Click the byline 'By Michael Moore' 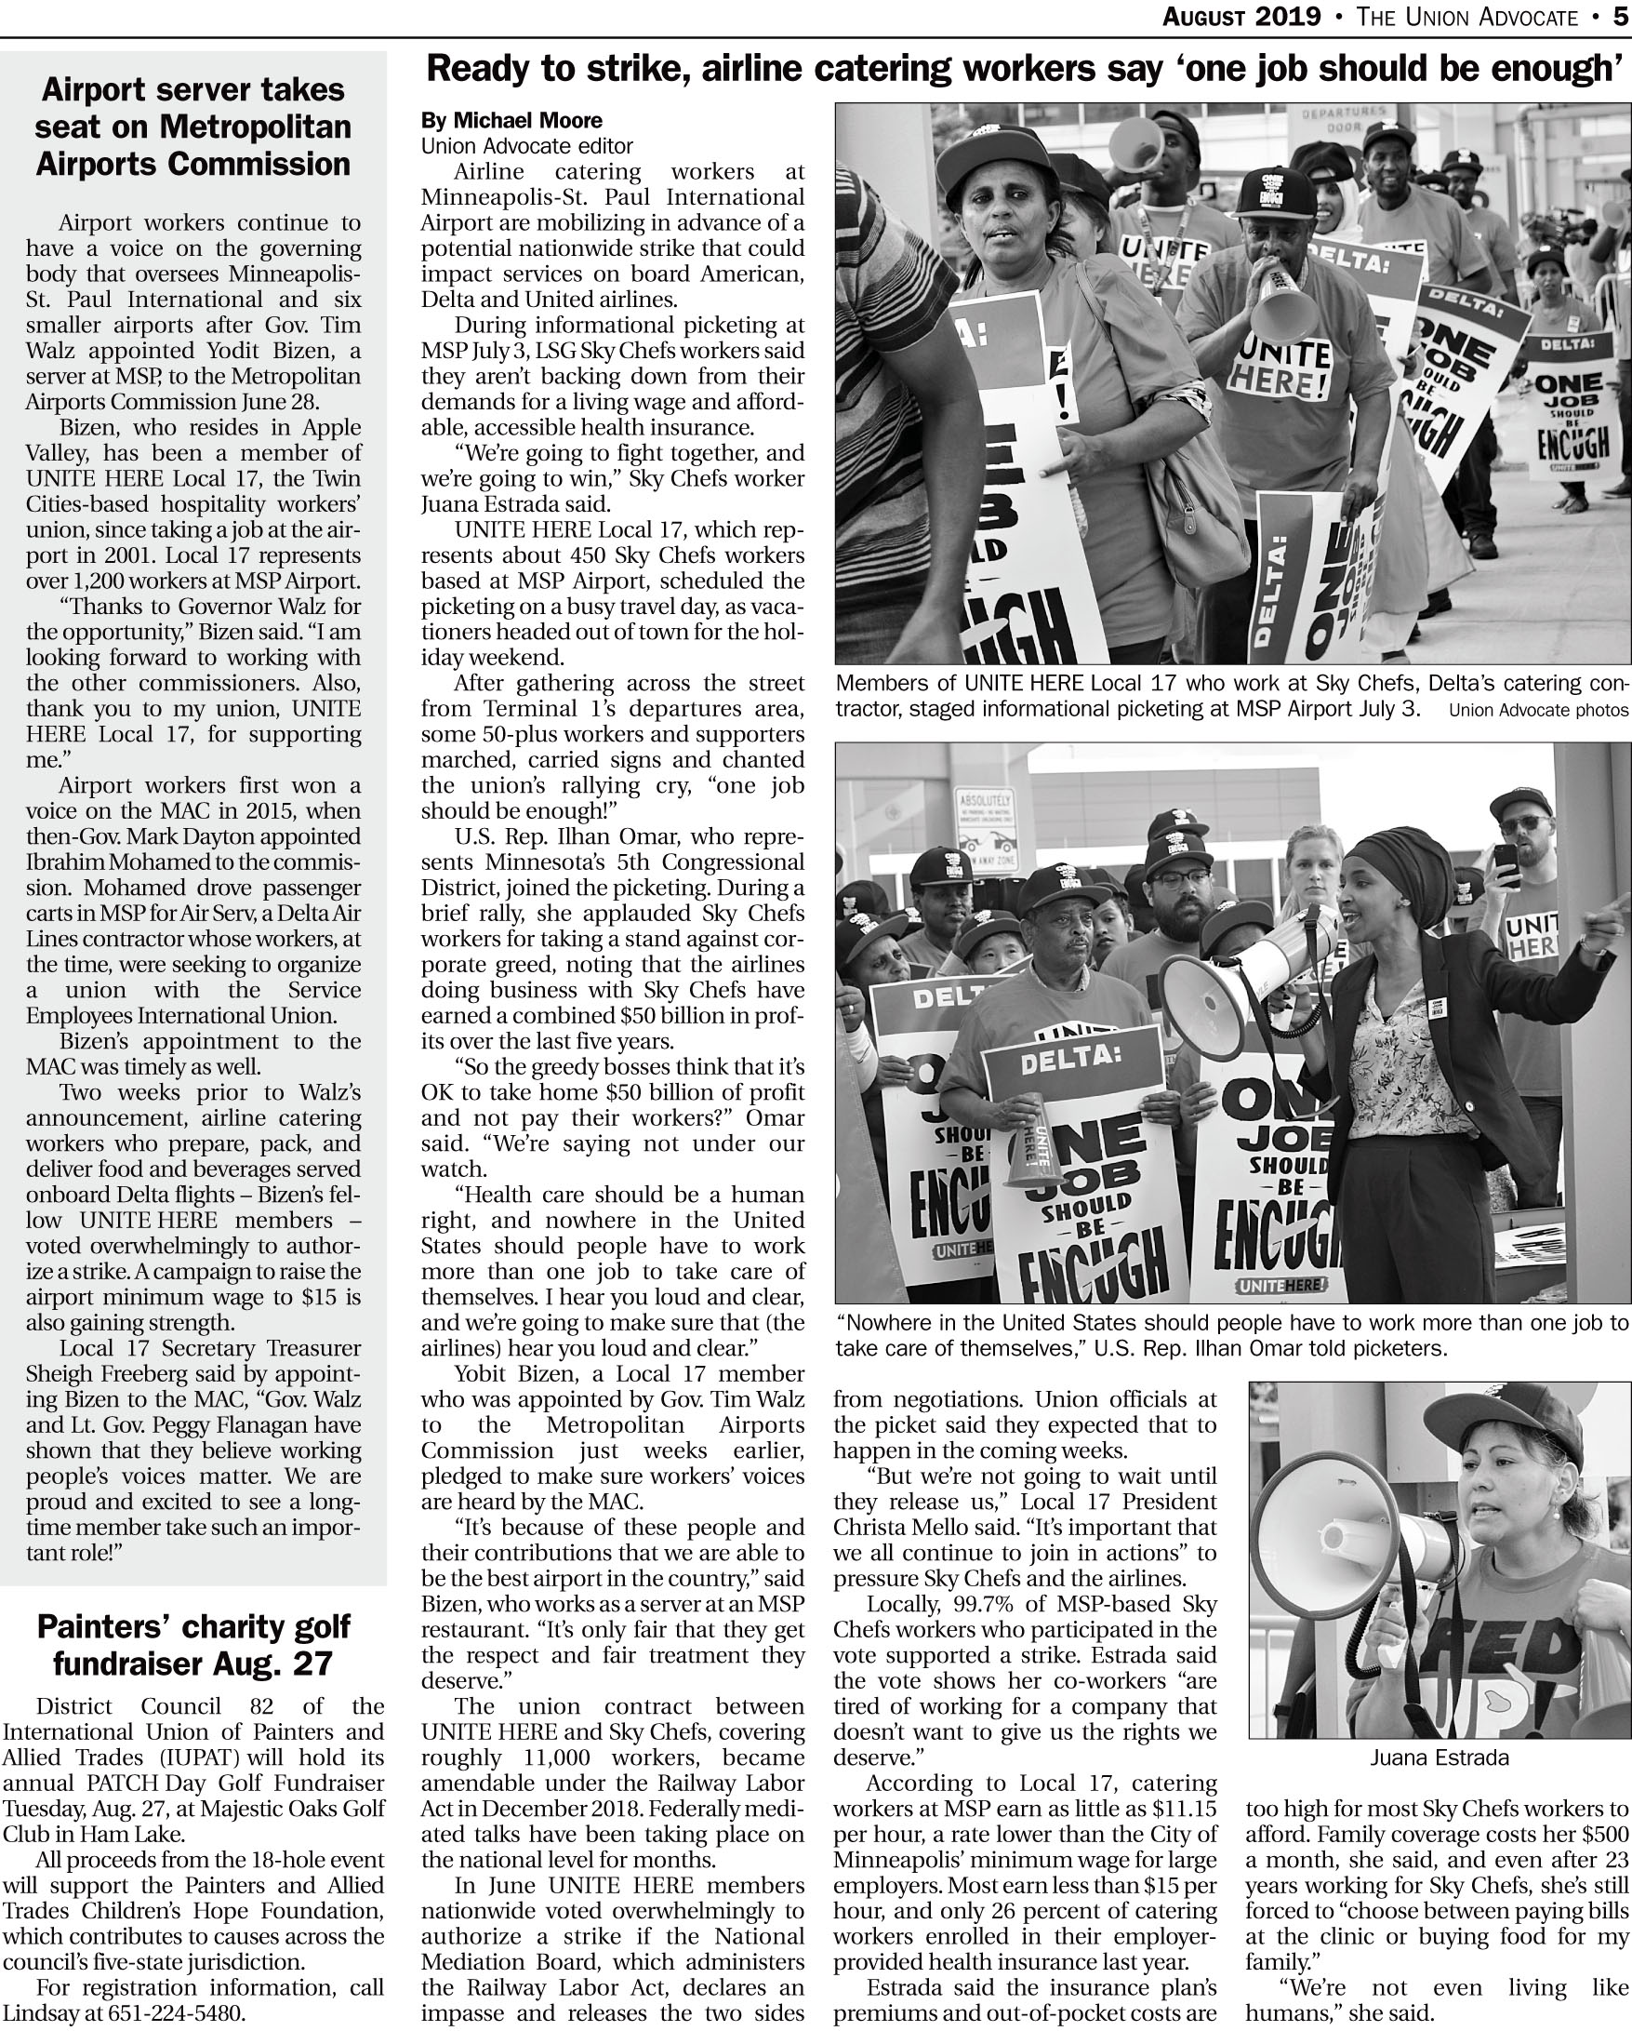tap(511, 121)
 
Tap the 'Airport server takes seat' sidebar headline tap(193, 127)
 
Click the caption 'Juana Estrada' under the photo tap(1439, 1757)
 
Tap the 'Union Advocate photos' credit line tap(1538, 710)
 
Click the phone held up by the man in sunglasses tap(1506, 862)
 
